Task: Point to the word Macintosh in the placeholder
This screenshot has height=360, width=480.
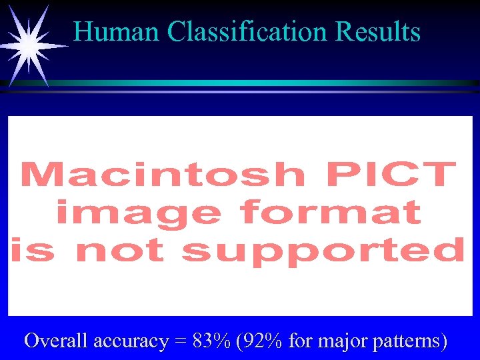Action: click(163, 175)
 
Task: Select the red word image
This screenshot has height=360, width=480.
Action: click(139, 213)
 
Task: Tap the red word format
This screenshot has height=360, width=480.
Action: click(331, 213)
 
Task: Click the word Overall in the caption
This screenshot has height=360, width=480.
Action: click(57, 341)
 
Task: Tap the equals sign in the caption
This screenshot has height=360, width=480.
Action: click(180, 342)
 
